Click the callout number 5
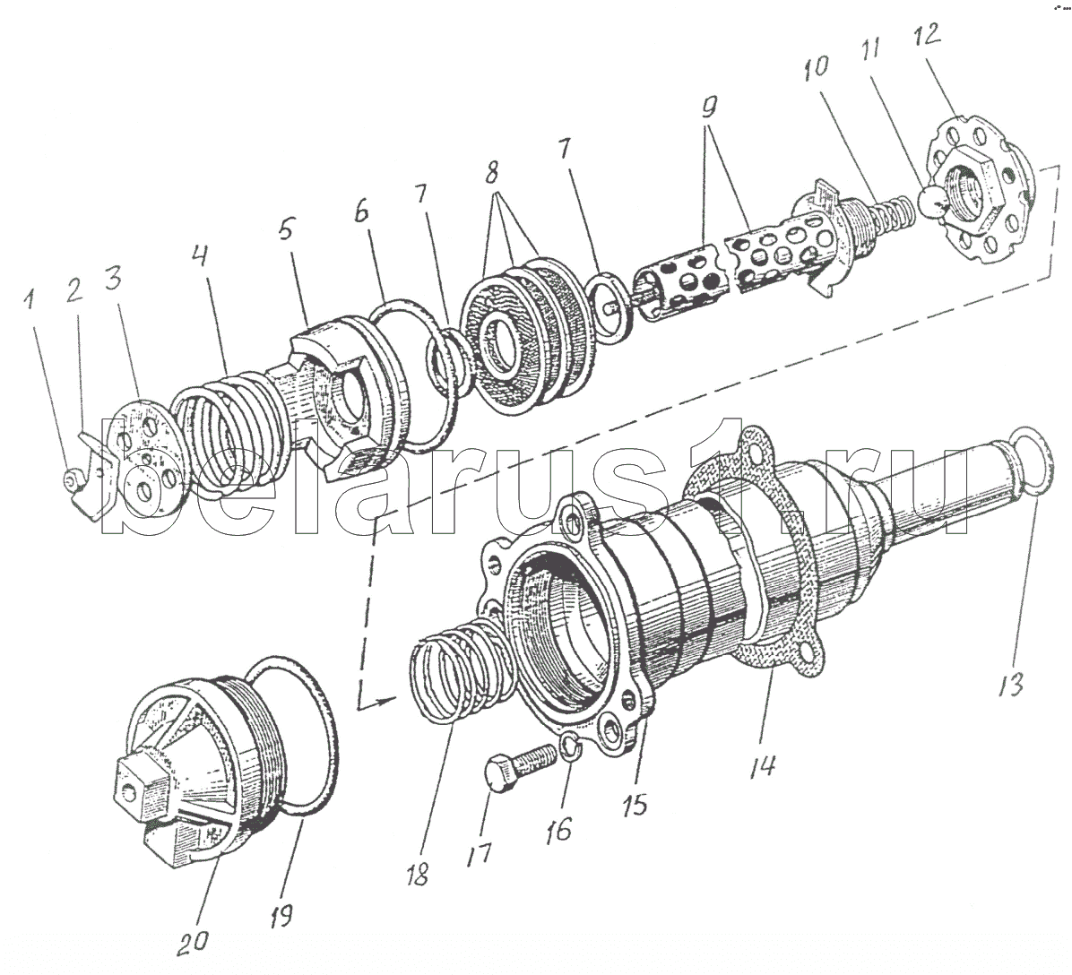click(286, 230)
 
